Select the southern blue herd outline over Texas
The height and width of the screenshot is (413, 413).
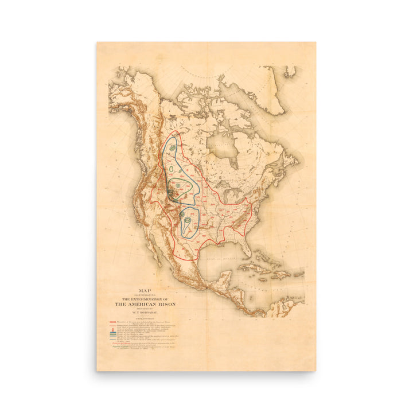pyautogui.click(x=189, y=223)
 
